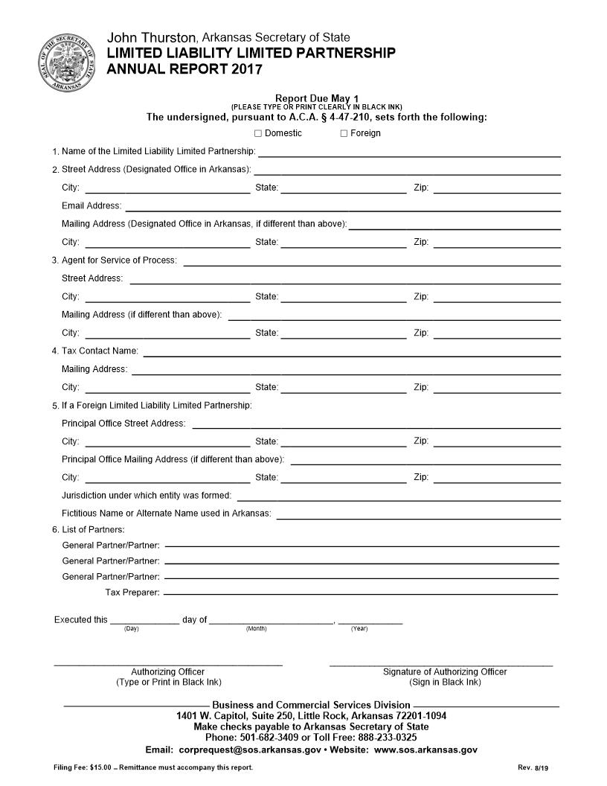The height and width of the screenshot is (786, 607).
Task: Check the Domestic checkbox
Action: (x=258, y=133)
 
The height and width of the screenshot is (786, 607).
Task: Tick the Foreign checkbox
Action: (x=344, y=133)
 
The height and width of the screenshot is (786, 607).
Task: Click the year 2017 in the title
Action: (x=246, y=69)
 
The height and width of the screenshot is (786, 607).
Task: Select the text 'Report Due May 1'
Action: (x=317, y=98)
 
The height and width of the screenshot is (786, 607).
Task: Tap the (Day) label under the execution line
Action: (x=131, y=630)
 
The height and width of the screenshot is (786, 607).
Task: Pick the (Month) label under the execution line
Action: (x=256, y=630)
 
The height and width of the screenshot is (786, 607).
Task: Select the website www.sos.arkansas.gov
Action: (x=425, y=750)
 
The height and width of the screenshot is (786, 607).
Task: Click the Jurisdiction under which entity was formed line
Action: (x=398, y=497)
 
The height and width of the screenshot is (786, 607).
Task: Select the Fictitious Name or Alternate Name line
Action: (x=418, y=515)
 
